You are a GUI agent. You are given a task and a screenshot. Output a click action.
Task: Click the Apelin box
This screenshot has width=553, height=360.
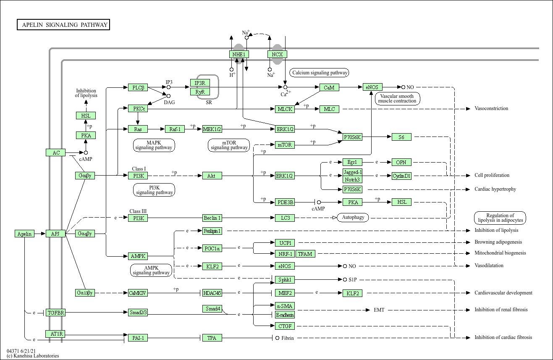coord(24,234)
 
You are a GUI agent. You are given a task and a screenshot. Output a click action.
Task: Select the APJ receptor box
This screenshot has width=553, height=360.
coord(55,234)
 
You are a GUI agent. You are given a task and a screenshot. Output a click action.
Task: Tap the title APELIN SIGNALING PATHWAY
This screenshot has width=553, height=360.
coord(64,25)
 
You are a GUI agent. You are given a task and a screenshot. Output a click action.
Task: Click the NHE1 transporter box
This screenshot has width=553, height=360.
coord(239,54)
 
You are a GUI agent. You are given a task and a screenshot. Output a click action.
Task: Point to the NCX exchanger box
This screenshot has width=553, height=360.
coord(277,54)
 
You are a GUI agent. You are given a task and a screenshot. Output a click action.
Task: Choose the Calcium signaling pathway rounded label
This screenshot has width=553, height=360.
coord(320,73)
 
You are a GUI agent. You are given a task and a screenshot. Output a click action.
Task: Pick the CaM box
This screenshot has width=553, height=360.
coord(329,87)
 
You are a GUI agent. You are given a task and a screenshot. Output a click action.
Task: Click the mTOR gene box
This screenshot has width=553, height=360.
coord(285,145)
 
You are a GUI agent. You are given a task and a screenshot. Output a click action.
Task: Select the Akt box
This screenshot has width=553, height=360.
coord(212,176)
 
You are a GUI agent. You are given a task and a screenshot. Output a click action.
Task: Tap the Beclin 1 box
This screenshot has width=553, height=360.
coord(212,218)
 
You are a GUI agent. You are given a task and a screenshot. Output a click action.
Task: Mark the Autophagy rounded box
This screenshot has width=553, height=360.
coord(353,218)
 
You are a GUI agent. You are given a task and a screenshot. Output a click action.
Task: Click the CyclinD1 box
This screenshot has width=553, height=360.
coord(401,176)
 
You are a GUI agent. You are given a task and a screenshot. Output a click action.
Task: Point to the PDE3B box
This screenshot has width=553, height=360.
coord(285,202)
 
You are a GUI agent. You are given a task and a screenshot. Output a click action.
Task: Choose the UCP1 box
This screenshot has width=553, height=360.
coord(285,242)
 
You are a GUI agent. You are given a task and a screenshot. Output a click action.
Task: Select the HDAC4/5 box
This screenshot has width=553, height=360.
coord(212,293)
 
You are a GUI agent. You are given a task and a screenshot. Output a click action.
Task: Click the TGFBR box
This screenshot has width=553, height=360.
coord(55,313)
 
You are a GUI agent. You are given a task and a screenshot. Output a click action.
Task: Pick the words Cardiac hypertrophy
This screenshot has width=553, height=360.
coord(495,189)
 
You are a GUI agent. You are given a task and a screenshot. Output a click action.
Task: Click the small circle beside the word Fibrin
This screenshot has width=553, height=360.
coord(277,338)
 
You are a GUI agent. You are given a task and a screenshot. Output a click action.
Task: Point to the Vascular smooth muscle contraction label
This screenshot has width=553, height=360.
coord(397,98)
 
